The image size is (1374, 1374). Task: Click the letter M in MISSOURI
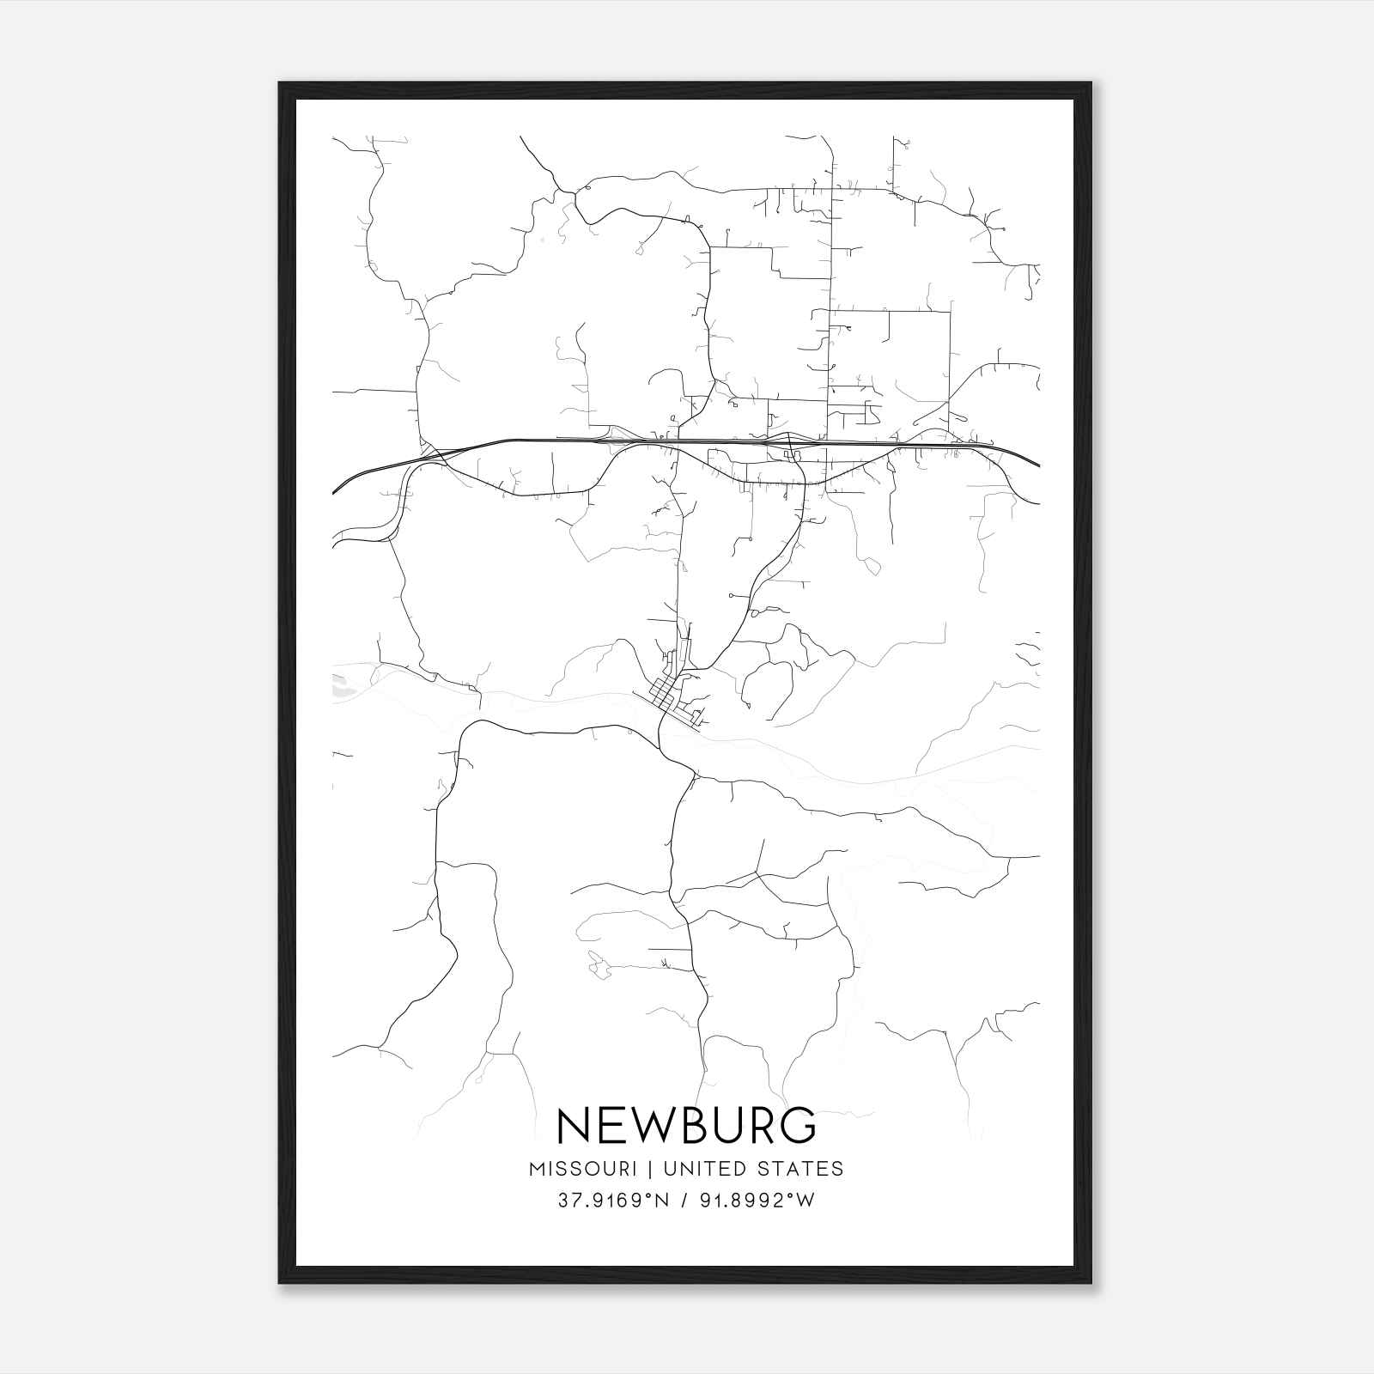click(538, 1169)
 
